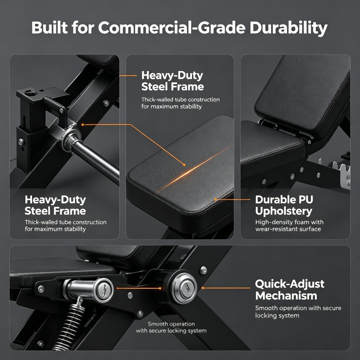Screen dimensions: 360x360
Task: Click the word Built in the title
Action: pyautogui.click(x=50, y=27)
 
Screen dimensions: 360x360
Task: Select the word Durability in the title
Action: pyautogui.click(x=288, y=28)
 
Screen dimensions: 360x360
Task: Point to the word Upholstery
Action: pyautogui.click(x=284, y=211)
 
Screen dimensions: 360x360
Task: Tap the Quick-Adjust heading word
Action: pyautogui.click(x=290, y=284)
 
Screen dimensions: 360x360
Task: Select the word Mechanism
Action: pyautogui.click(x=286, y=295)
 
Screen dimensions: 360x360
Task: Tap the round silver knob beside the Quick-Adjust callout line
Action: pyautogui.click(x=185, y=288)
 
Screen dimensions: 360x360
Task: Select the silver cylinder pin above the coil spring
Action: pyautogui.click(x=89, y=290)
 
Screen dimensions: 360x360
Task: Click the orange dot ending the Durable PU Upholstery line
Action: pyautogui.click(x=216, y=200)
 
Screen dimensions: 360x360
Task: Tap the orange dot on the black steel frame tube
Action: pyautogui.click(x=83, y=124)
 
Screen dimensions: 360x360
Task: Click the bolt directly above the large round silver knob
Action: pyautogui.click(x=204, y=270)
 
